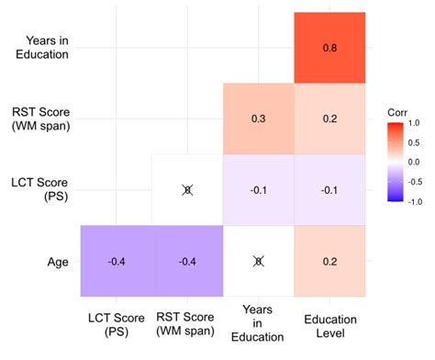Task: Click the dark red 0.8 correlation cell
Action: click(x=329, y=49)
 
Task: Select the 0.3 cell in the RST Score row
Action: click(x=258, y=119)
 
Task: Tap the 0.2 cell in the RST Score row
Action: click(x=329, y=119)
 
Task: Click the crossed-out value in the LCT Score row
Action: click(x=187, y=190)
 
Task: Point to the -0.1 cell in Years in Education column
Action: click(x=258, y=190)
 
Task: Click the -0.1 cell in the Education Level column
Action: click(x=329, y=190)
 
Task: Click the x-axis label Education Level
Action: click(x=329, y=323)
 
